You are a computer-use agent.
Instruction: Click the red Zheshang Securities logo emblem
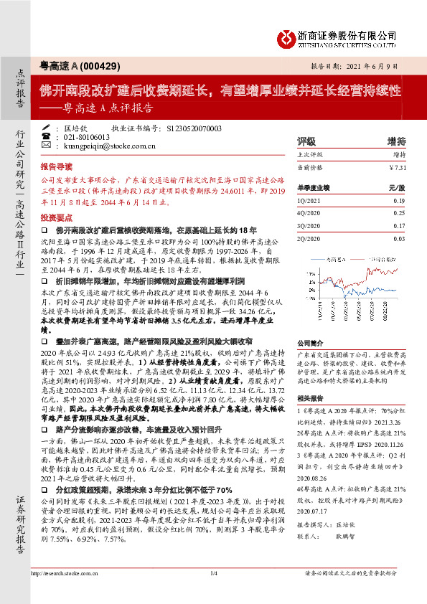pos(287,34)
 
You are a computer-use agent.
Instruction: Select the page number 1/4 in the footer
pos(213,593)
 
